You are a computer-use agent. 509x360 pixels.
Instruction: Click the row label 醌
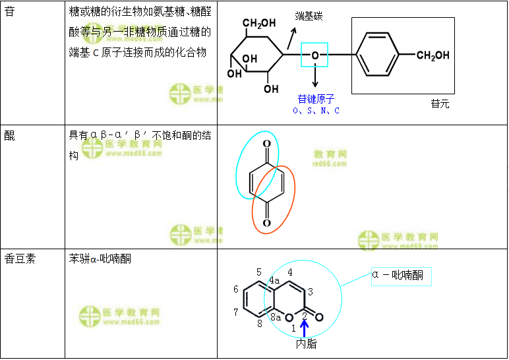[9, 136]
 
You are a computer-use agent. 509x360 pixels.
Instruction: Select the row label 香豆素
[20, 258]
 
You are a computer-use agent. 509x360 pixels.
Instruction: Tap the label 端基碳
[309, 16]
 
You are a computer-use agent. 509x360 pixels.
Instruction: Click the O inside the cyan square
[315, 55]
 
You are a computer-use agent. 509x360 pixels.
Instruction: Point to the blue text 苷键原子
[316, 99]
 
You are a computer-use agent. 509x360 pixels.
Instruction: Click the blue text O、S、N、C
[316, 111]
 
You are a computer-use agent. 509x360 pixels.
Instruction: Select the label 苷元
[440, 104]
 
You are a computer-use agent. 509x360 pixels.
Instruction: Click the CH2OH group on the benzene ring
[433, 55]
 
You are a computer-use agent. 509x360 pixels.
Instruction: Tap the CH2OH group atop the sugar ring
[259, 24]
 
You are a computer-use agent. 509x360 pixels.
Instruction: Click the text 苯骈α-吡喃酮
[100, 258]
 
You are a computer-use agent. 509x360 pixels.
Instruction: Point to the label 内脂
[306, 344]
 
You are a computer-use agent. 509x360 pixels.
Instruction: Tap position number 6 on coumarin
[236, 289]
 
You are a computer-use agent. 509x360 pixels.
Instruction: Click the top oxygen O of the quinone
[266, 143]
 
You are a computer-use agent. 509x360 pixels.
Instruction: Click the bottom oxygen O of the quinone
[266, 223]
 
